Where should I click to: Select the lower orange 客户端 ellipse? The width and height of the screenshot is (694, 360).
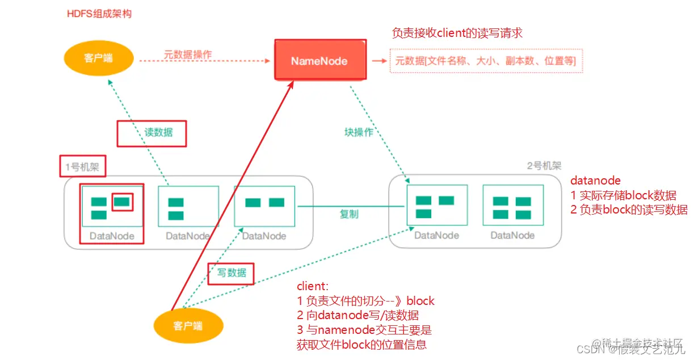pos(188,325)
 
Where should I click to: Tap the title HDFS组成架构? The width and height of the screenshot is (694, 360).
pos(99,13)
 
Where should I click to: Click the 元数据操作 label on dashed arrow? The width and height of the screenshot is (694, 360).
pos(188,55)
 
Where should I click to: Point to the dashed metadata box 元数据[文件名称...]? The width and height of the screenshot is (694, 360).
pos(486,60)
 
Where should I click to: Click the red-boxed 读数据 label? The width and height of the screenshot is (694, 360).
pos(152,132)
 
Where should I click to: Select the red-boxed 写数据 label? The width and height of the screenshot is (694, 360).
pos(232,273)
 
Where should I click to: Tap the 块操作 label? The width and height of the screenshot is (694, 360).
pos(359,132)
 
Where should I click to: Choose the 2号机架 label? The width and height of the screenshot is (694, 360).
pos(544,166)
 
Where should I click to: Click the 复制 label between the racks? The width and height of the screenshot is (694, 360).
pos(349,214)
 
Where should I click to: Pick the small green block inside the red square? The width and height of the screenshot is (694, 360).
pos(122,201)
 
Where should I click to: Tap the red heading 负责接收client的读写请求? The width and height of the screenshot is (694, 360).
pos(457,33)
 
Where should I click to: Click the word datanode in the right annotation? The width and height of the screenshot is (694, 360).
pos(595,181)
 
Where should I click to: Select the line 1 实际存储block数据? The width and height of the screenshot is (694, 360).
pos(623,196)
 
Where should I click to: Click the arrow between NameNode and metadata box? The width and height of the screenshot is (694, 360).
pos(378,60)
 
